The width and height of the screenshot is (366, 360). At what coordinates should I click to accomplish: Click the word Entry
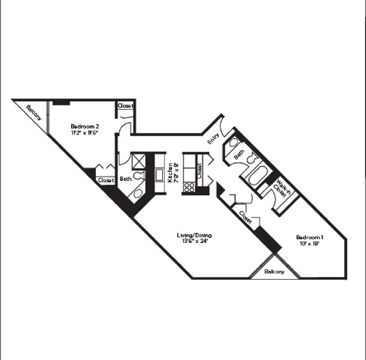click(x=213, y=138)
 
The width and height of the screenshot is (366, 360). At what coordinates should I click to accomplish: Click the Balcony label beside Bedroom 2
click(x=34, y=112)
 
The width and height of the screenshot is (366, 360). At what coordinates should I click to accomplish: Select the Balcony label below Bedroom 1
click(x=274, y=271)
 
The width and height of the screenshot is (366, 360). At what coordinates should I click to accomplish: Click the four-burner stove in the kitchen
click(x=190, y=187)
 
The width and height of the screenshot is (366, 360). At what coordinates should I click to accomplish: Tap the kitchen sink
click(x=159, y=175)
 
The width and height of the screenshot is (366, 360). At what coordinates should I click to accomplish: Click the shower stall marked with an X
click(x=139, y=161)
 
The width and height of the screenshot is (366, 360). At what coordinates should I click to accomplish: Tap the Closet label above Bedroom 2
click(x=125, y=106)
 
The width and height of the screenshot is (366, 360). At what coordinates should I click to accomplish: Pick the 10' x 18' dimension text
click(x=310, y=244)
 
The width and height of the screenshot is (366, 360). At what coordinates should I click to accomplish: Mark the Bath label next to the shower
click(x=125, y=179)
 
